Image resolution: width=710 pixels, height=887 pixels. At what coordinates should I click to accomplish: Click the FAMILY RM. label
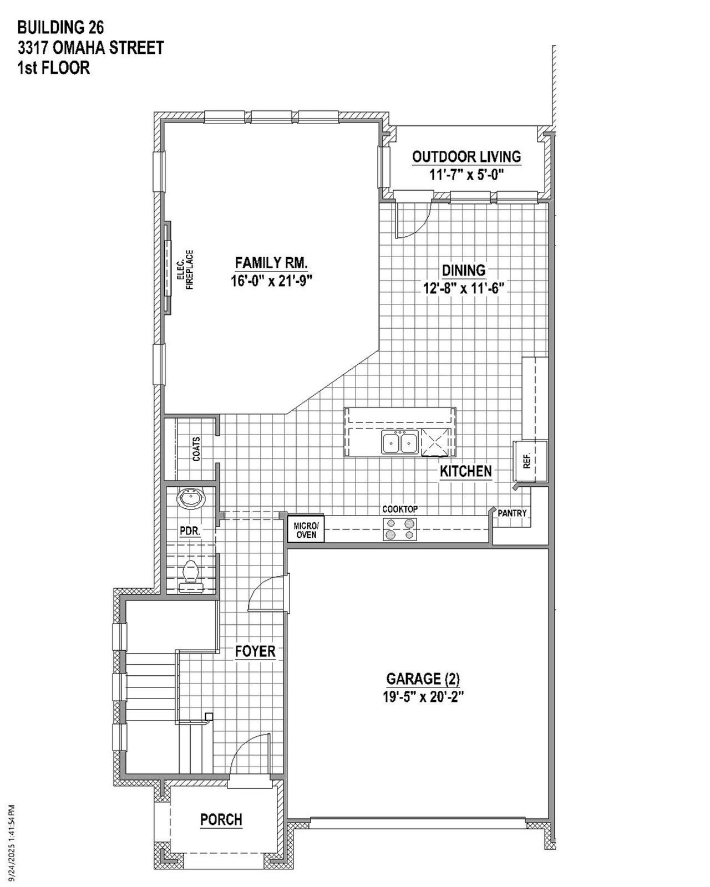click(x=271, y=262)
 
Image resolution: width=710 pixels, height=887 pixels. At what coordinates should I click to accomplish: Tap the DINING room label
click(x=463, y=270)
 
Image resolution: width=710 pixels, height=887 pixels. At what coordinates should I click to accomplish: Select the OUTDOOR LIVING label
click(x=466, y=157)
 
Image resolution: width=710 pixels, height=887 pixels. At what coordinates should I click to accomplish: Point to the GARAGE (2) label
click(x=423, y=679)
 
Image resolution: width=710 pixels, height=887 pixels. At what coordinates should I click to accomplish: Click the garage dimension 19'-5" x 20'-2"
click(x=423, y=696)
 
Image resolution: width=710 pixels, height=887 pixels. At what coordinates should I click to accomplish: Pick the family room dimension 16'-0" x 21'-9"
click(x=272, y=281)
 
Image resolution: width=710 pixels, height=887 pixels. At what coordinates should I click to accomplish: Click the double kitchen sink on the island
click(x=399, y=443)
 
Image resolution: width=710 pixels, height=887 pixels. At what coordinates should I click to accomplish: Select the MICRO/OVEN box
click(x=306, y=529)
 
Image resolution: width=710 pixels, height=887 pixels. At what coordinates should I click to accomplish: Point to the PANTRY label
click(x=512, y=513)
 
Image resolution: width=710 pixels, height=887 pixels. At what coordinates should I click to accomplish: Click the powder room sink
click(x=191, y=499)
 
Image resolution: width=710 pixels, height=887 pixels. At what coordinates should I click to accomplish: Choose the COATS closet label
click(x=197, y=449)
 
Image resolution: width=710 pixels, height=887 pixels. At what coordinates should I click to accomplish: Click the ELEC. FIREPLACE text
click(x=185, y=270)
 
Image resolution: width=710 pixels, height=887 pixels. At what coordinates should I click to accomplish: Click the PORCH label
click(x=221, y=819)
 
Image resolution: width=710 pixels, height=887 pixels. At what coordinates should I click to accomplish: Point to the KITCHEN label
click(x=466, y=471)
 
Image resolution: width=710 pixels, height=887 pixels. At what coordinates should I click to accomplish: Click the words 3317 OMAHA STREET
click(x=90, y=48)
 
